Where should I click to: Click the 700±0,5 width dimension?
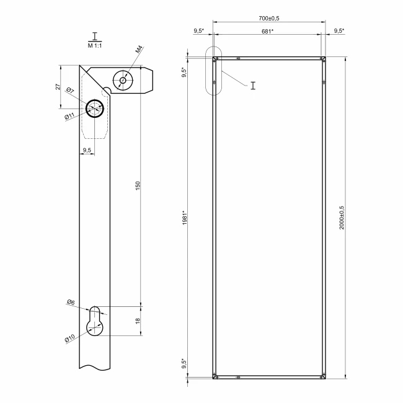click(269, 18)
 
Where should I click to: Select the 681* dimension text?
click(267, 32)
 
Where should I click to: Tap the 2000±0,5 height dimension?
click(342, 218)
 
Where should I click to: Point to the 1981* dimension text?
click(185, 218)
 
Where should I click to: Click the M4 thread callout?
click(139, 50)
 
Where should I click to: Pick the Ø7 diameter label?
click(70, 91)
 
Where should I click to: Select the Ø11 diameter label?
click(69, 116)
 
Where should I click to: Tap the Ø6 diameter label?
click(71, 303)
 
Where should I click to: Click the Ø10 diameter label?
click(69, 339)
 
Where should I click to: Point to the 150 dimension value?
click(138, 186)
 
